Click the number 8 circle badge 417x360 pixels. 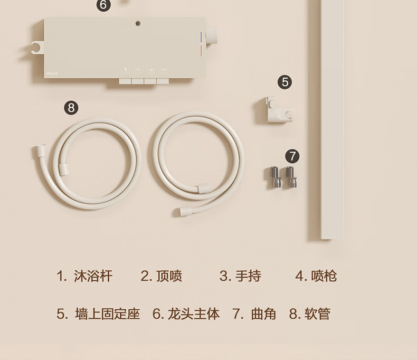click(x=71, y=108)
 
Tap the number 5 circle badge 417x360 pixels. click(x=285, y=82)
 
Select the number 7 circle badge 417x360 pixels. click(x=292, y=156)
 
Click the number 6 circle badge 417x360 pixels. click(x=103, y=5)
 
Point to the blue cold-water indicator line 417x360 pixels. click(x=201, y=37)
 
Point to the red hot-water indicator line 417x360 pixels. click(x=201, y=51)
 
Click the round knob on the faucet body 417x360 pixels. click(x=212, y=35)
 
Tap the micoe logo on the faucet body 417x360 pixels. click(x=52, y=73)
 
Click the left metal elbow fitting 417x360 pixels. click(x=274, y=177)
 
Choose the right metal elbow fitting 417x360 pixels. click(x=291, y=177)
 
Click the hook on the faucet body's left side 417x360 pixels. click(x=37, y=48)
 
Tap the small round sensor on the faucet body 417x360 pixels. click(x=138, y=23)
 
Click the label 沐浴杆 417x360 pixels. click(x=93, y=276)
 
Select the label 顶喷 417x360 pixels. click(x=169, y=276)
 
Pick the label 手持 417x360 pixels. click(x=248, y=276)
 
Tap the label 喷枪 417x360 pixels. click(x=324, y=276)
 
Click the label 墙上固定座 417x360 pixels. click(x=108, y=314)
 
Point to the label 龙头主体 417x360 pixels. click(x=194, y=314)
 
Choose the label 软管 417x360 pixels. click(x=317, y=314)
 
